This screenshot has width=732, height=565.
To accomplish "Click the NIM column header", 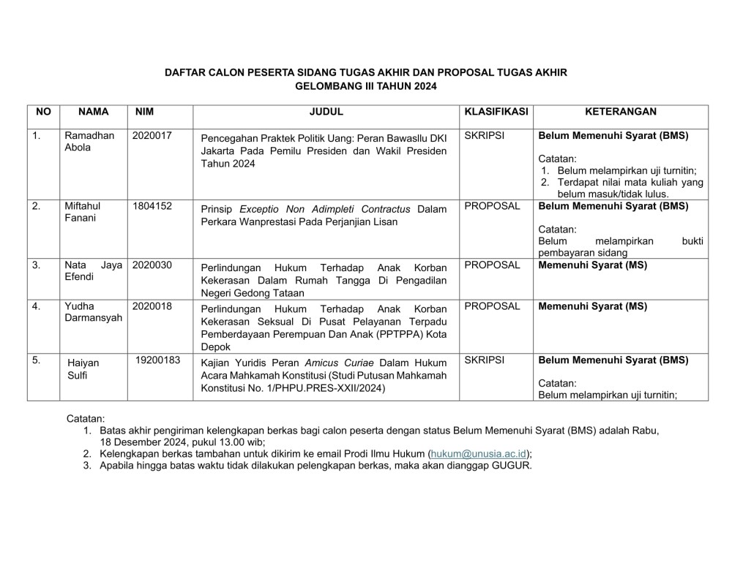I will [145, 112].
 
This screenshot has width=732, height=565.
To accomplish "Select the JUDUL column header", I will [326, 112].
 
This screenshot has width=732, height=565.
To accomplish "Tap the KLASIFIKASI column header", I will [496, 112].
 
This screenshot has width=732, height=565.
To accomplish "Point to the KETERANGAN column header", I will [621, 112].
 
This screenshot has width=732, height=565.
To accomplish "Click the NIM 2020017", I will [152, 136].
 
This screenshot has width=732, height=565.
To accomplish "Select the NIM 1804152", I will [152, 206].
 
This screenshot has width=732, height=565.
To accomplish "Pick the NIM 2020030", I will [152, 265].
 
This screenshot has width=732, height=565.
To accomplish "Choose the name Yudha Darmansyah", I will [94, 312].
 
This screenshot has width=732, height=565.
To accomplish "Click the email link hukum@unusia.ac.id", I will [479, 453].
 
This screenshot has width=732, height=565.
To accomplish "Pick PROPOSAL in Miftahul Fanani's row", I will [492, 206].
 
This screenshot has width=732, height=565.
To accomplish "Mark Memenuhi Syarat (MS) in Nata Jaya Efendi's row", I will [593, 265].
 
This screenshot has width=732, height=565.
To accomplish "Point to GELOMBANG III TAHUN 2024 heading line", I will [366, 86].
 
